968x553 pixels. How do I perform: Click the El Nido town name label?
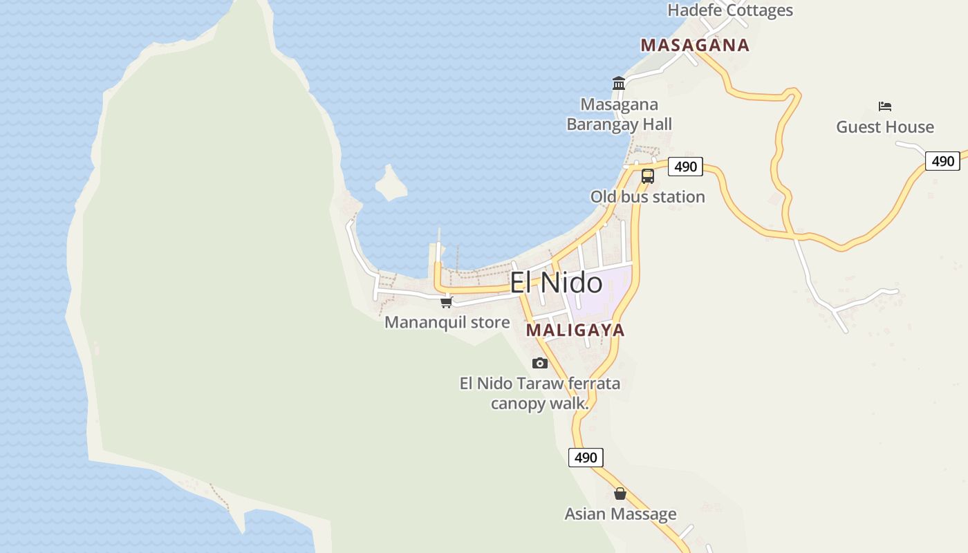[556, 283]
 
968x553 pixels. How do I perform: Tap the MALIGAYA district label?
[575, 330]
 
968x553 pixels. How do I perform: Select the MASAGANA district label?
[695, 46]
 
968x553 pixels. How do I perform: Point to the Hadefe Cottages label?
[729, 10]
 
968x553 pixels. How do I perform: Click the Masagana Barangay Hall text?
[620, 115]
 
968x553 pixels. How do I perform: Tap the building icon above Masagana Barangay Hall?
[619, 84]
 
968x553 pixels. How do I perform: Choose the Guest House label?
[885, 127]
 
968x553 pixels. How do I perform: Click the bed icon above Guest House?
[885, 106]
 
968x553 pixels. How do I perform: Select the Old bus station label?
[647, 197]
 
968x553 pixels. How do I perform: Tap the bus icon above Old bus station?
[647, 176]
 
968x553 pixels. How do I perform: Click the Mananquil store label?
[447, 323]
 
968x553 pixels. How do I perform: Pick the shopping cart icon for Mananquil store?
[446, 302]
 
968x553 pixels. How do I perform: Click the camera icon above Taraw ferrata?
[540, 363]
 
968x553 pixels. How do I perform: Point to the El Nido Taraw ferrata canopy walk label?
[540, 393]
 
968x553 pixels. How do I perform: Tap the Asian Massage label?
[620, 514]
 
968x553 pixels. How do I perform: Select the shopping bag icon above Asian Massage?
[620, 494]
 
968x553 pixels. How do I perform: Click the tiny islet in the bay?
[390, 184]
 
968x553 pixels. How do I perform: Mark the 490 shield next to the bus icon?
[685, 167]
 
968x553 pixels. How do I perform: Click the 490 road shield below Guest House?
[942, 161]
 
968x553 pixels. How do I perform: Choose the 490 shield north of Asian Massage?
[586, 458]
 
